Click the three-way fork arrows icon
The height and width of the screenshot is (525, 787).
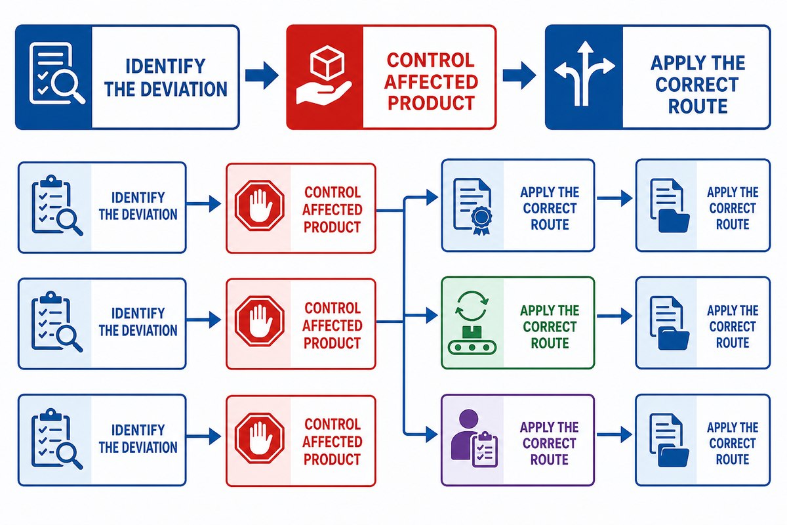pyautogui.click(x=584, y=74)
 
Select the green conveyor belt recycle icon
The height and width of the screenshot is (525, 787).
pyautogui.click(x=472, y=322)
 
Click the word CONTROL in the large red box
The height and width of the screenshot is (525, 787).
pyautogui.click(x=431, y=60)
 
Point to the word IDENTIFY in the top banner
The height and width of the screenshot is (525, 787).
pyautogui.click(x=165, y=66)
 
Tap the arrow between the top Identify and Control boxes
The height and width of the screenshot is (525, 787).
pyautogui.click(x=262, y=75)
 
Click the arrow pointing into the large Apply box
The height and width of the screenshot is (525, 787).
pyautogui.click(x=519, y=75)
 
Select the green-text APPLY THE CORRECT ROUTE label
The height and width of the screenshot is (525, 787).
pyautogui.click(x=550, y=327)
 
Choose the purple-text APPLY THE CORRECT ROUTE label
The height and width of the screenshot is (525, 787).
pyautogui.click(x=549, y=444)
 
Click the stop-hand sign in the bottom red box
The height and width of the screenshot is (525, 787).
pyautogui.click(x=259, y=438)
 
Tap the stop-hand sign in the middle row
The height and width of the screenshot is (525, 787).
pyautogui.click(x=259, y=321)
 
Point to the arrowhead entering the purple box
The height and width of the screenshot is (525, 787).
pyautogui.click(x=432, y=434)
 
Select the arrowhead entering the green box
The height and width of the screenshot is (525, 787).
pyautogui.click(x=432, y=315)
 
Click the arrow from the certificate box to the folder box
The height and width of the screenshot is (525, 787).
pyautogui.click(x=615, y=198)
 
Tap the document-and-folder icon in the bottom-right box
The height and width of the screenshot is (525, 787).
pyautogui.click(x=669, y=440)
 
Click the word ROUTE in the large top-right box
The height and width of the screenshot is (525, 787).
pyautogui.click(x=697, y=106)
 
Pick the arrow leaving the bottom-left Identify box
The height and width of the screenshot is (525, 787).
pyautogui.click(x=203, y=436)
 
